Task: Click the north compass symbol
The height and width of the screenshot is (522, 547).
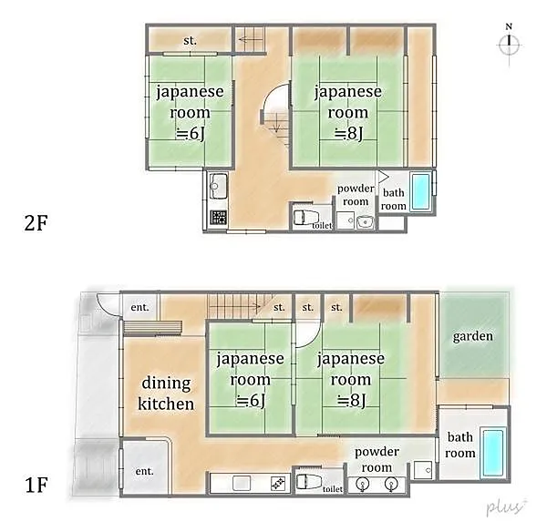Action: pyautogui.click(x=509, y=44)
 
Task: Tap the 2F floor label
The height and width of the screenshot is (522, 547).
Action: pyautogui.click(x=36, y=223)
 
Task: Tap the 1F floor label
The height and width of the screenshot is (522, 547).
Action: pyautogui.click(x=36, y=485)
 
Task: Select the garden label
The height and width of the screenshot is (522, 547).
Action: pyautogui.click(x=472, y=336)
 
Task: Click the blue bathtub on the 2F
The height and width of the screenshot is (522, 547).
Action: pyautogui.click(x=420, y=191)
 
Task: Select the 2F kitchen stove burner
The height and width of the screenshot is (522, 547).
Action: pyautogui.click(x=219, y=217)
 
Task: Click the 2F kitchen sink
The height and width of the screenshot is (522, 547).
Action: pyautogui.click(x=215, y=186)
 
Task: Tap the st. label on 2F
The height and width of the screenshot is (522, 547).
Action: pyautogui.click(x=190, y=41)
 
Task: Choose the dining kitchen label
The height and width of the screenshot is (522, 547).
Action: pyautogui.click(x=166, y=394)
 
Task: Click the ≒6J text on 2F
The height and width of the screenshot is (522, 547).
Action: pyautogui.click(x=191, y=134)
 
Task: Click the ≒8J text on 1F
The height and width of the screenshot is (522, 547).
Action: pyautogui.click(x=351, y=401)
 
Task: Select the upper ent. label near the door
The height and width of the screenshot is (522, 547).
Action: pyautogui.click(x=139, y=307)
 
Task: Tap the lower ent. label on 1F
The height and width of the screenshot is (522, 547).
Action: pyautogui.click(x=144, y=471)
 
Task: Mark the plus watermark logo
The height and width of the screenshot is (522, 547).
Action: pyautogui.click(x=507, y=507)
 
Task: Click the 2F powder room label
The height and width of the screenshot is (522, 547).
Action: pyautogui.click(x=356, y=195)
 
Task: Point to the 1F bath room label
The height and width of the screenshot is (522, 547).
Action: pyautogui.click(x=459, y=445)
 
